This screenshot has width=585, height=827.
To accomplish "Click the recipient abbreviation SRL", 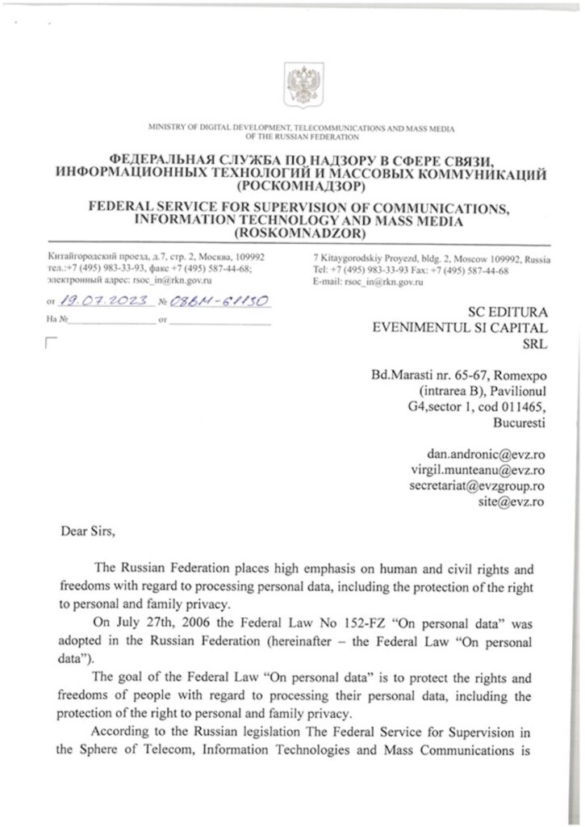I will click(x=533, y=344).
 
